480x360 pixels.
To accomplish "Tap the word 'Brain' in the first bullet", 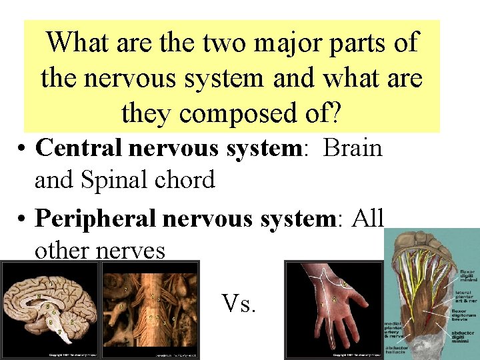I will pos(353,148).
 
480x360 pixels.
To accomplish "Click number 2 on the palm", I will pos(333,300).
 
